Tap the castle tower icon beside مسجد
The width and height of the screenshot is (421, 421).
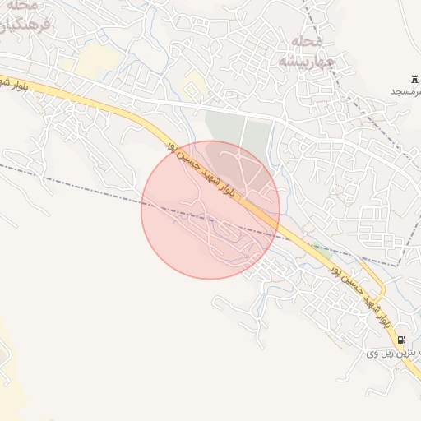coord(413,77)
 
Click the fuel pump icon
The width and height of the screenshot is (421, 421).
coord(400,340)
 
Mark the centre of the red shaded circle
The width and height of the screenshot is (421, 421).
coord(210,210)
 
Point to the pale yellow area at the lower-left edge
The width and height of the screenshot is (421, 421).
coord(3,345)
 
